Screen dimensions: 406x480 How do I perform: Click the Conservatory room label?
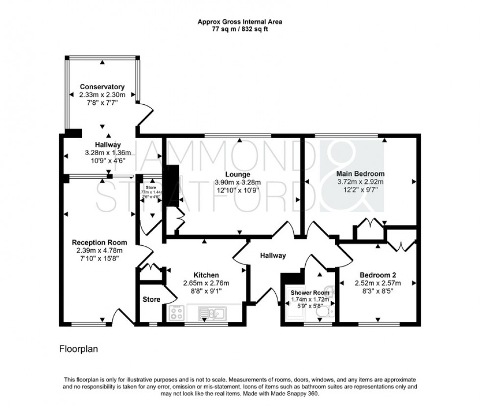[102, 87]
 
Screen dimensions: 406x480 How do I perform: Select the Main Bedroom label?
[360, 173]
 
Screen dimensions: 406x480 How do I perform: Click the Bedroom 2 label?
[377, 274]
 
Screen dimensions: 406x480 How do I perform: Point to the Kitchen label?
[206, 275]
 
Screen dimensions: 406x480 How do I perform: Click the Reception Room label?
[99, 242]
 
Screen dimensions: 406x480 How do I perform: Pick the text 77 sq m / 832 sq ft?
[240, 29]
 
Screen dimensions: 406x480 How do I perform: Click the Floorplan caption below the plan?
[79, 350]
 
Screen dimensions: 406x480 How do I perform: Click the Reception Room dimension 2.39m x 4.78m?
[99, 250]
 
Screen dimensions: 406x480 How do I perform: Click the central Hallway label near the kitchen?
[273, 255]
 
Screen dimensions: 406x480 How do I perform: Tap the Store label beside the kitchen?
[151, 299]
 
